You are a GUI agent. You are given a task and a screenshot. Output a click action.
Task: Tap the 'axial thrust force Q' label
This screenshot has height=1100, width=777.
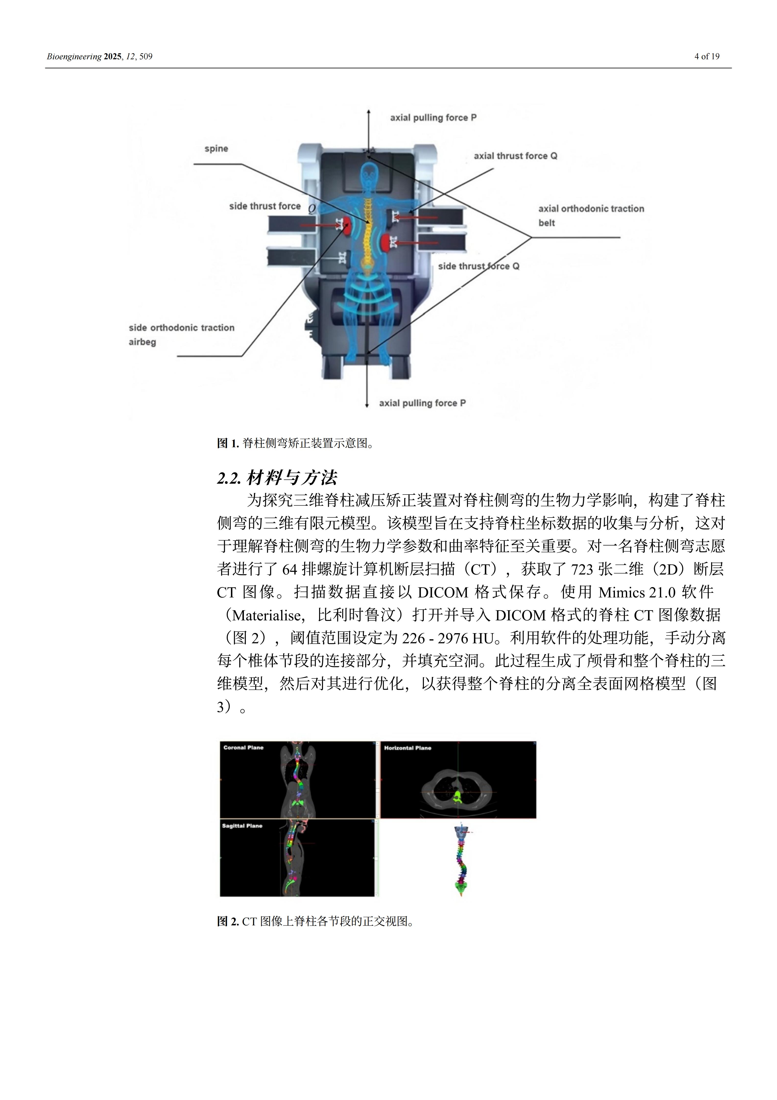(x=515, y=156)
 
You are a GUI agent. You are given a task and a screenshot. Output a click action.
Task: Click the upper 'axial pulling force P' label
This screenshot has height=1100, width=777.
(x=433, y=118)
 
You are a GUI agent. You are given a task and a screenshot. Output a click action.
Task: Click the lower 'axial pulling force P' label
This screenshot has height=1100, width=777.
(x=422, y=403)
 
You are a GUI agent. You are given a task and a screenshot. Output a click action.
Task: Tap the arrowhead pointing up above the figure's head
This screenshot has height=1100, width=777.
(x=368, y=112)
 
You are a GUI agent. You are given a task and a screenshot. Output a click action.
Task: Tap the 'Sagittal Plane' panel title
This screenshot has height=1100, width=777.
(x=242, y=826)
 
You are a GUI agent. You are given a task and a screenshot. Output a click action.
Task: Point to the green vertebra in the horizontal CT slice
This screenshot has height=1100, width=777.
(x=457, y=797)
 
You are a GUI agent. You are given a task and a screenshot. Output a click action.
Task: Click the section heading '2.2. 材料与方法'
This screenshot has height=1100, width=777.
(x=277, y=478)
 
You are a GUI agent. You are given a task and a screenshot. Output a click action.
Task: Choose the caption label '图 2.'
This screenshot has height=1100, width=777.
(x=227, y=921)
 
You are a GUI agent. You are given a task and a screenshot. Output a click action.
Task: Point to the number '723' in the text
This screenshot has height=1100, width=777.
(x=582, y=570)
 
